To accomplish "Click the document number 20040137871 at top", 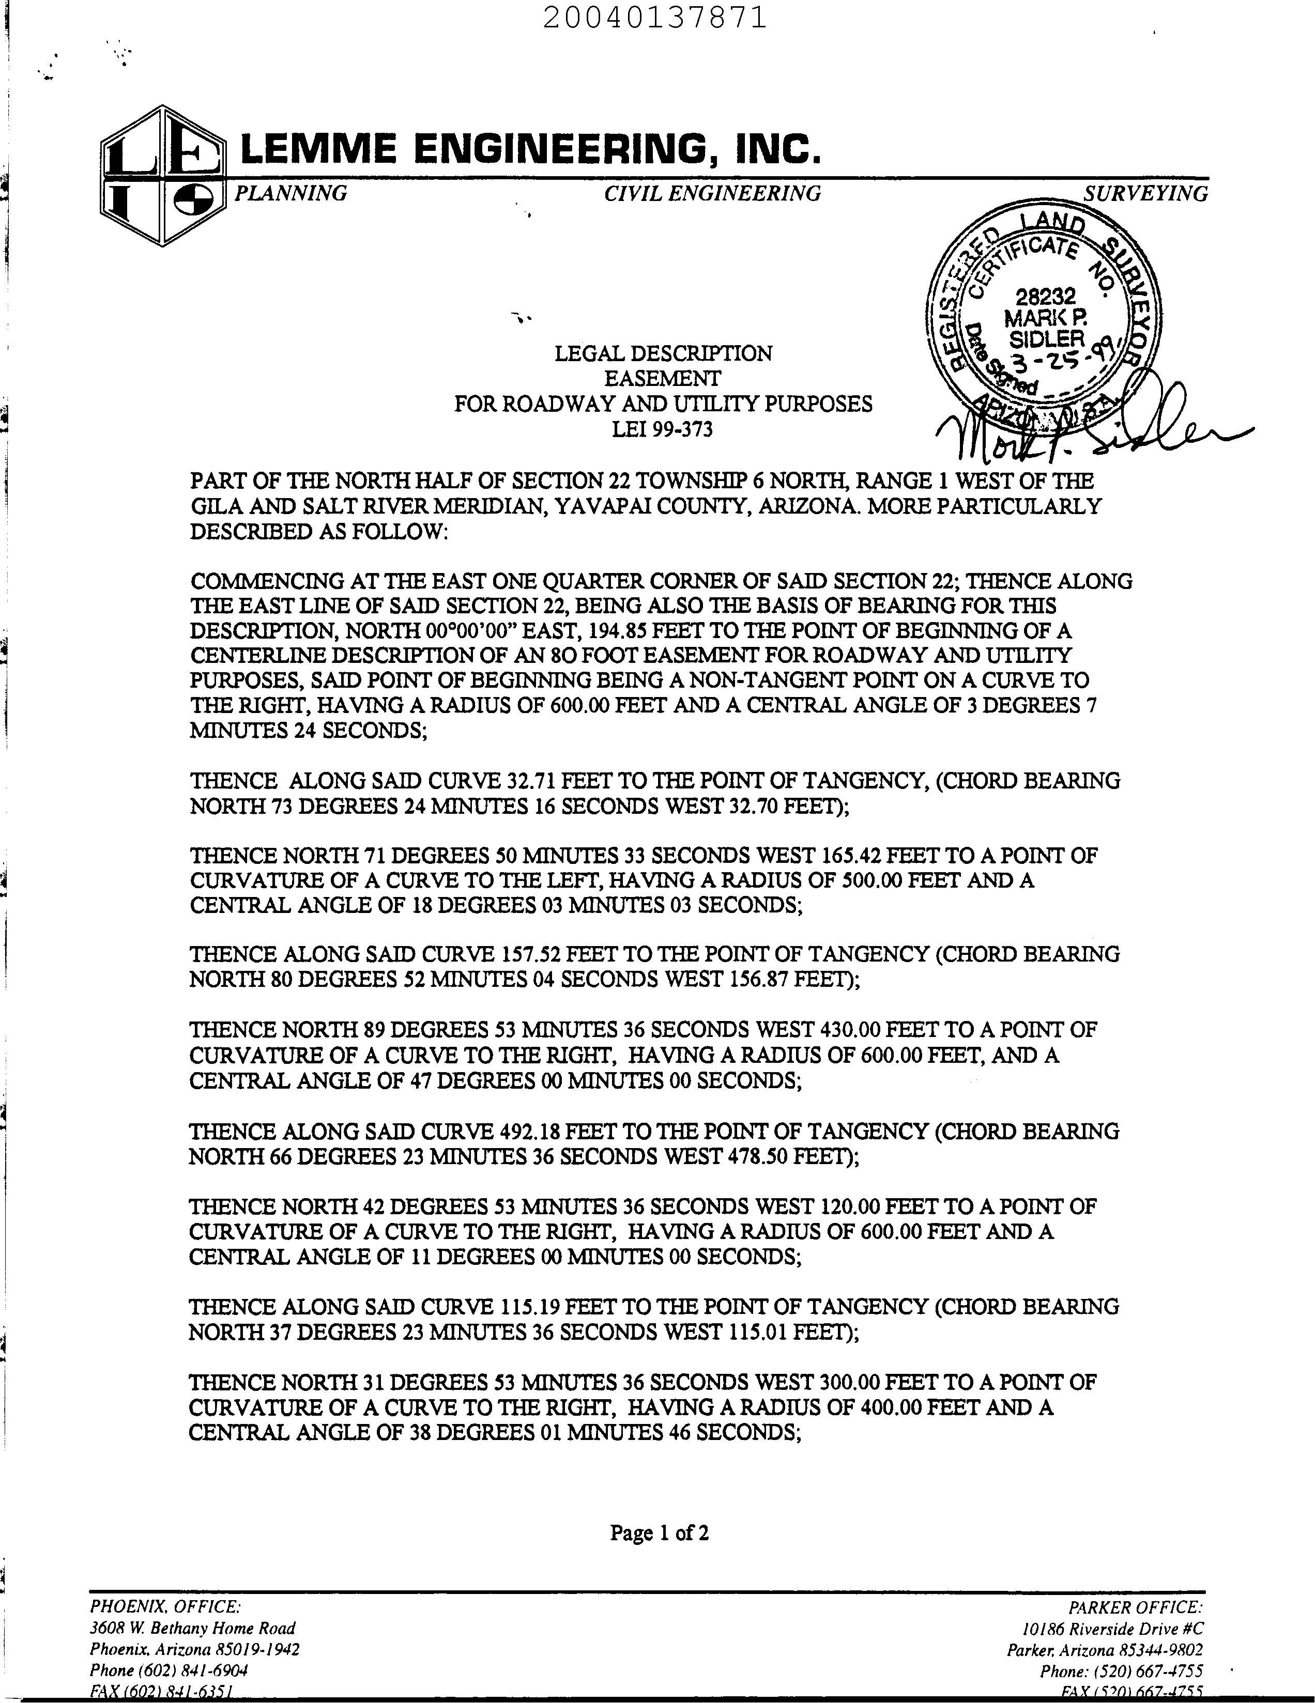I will [x=655, y=17].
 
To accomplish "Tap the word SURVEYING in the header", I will [x=1145, y=193].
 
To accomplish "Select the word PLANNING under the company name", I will [x=291, y=193].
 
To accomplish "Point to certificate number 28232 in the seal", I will [x=1045, y=296].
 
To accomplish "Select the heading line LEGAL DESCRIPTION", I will [x=663, y=354].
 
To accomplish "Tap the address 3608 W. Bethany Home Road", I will [x=193, y=1628].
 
